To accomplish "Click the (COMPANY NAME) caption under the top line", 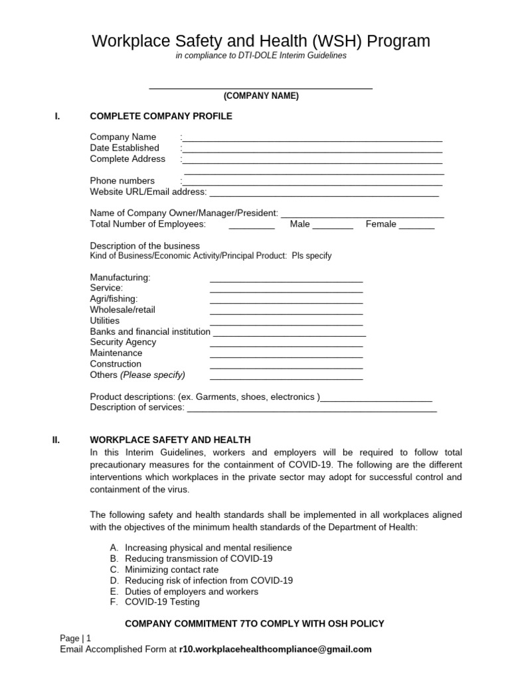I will coord(261,96).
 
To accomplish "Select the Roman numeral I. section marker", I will coord(58,116).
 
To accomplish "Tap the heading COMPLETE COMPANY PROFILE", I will coord(161,116).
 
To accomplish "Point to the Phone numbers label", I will coord(122,180).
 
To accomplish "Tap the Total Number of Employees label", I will coord(147,224).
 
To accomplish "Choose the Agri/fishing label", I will coord(114,299).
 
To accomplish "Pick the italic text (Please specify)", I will coord(152,375).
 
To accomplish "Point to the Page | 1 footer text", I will coord(75,638).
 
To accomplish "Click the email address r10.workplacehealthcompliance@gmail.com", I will coord(275,649).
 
